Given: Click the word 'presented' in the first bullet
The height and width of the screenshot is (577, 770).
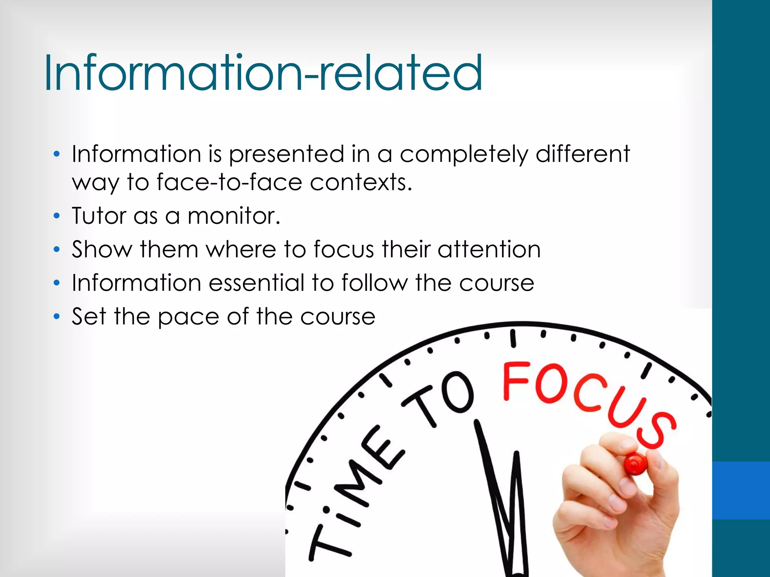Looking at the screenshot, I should (x=286, y=154).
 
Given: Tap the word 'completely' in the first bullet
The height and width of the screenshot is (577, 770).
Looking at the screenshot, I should (x=464, y=154).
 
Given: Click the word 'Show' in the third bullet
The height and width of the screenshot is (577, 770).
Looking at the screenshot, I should (x=102, y=249).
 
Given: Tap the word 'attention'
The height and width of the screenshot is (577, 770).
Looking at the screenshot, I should (x=489, y=249).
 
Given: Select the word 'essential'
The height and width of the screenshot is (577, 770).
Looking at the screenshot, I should (x=256, y=283).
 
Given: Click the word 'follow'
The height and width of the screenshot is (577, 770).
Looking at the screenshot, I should (x=374, y=283).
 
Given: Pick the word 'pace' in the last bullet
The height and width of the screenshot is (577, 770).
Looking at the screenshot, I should (x=188, y=317).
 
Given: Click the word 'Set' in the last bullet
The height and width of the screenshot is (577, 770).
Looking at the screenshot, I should (x=89, y=317).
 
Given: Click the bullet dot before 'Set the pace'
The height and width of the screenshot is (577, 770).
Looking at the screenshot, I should (x=56, y=317).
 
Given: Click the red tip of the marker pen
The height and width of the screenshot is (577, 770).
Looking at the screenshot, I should (x=635, y=463).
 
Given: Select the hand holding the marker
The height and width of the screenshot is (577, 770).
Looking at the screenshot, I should (x=617, y=507).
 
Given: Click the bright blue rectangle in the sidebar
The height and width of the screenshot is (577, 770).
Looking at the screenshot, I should (x=741, y=490).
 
